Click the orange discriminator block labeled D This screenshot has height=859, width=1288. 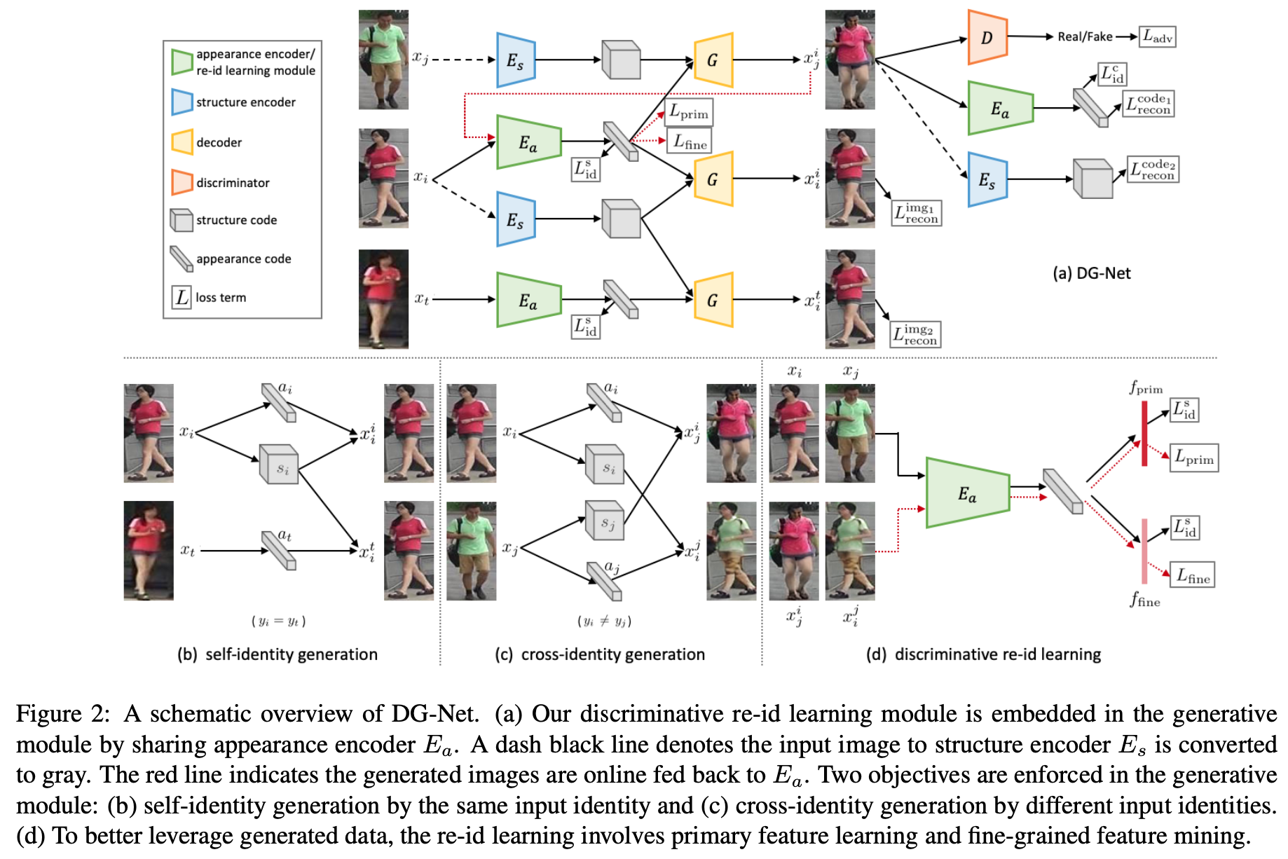click(987, 37)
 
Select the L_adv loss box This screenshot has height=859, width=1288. click(1157, 36)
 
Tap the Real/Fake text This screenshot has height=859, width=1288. click(1085, 36)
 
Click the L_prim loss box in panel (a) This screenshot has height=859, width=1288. click(688, 112)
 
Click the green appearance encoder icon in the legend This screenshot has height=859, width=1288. click(182, 62)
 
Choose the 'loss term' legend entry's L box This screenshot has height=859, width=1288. click(181, 297)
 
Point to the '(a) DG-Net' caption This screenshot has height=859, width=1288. click(1091, 273)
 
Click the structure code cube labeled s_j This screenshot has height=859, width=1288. click(605, 521)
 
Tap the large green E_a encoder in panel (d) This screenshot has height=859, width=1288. click(967, 493)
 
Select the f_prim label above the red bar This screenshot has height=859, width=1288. click(1145, 387)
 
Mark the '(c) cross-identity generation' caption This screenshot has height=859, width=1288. click(599, 654)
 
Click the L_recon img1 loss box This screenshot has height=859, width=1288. click(917, 213)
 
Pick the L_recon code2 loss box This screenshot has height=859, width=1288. click(1153, 170)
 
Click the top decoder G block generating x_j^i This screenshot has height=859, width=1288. click(713, 60)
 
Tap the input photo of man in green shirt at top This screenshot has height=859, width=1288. click(383, 60)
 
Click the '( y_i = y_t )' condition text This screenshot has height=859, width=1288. click(278, 621)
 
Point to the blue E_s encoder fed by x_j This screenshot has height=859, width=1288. click(516, 60)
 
